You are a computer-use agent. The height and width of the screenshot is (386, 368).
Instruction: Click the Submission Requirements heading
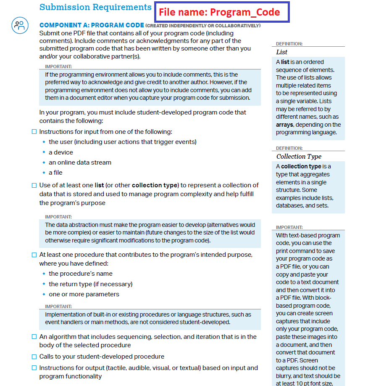[95, 7]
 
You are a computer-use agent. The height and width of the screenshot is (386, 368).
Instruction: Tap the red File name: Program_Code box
[219, 12]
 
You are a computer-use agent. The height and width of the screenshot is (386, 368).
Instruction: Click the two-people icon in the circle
[19, 25]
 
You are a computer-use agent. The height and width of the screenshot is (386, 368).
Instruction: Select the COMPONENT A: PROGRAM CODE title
[92, 25]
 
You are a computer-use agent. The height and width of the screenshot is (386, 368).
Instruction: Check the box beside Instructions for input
[34, 132]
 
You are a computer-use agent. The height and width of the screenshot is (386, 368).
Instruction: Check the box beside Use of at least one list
[34, 185]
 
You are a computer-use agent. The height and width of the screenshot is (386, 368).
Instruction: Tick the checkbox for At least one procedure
[34, 255]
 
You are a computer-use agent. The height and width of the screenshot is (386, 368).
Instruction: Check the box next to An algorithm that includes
[34, 337]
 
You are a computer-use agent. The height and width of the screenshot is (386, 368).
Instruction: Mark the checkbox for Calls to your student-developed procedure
[34, 357]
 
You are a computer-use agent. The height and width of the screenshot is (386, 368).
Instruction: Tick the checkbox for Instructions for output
[34, 368]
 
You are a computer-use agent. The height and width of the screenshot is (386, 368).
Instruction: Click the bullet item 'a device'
[61, 152]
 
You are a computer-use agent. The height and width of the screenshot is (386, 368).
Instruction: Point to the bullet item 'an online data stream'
[80, 162]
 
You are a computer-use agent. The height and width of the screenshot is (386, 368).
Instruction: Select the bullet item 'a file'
[55, 173]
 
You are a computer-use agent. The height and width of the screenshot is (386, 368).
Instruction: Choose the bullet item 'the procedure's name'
[81, 274]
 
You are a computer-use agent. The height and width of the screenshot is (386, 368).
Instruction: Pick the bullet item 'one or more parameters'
[84, 294]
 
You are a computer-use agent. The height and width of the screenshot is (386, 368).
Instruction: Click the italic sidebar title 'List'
[282, 52]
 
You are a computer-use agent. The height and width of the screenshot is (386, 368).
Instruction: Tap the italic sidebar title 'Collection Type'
[299, 157]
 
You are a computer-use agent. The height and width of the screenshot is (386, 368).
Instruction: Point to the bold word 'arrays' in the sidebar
[284, 125]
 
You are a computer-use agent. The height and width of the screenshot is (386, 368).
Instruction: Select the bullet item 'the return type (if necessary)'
[90, 284]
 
